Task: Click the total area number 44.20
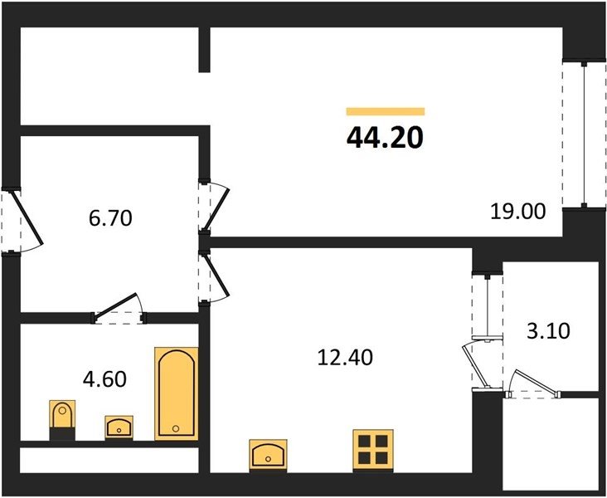386,138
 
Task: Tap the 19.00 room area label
518,212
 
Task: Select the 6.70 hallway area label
110,217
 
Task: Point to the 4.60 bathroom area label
104,379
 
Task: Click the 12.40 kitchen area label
345,358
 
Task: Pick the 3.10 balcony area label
549,331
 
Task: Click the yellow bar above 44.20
386,111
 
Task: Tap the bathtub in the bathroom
176,393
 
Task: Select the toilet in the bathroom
62,420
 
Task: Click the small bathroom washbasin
119,427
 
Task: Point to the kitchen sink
269,456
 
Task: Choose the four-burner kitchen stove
373,451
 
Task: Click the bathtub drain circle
176,428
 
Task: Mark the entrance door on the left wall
22,220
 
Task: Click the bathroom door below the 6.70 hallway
119,309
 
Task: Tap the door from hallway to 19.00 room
214,207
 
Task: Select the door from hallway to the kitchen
214,277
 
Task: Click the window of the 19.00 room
584,134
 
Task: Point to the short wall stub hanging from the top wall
204,50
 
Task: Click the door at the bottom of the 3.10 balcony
533,386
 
